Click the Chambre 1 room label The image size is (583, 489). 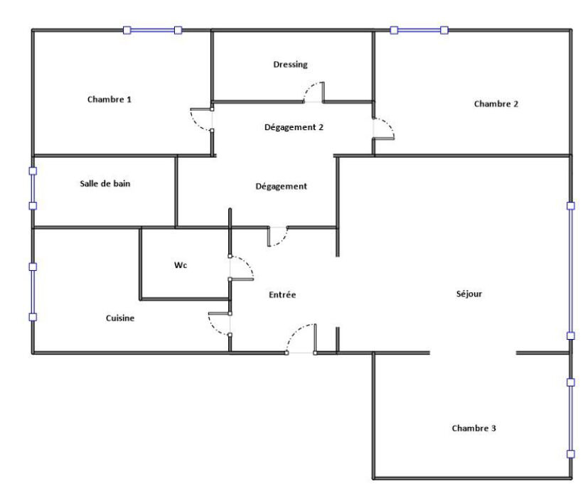coord(109,100)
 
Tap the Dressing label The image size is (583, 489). coord(290,65)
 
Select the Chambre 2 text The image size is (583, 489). coord(496,104)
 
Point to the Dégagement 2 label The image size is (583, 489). coord(294,127)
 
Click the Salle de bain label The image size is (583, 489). coord(105,183)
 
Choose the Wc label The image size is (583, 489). coord(181,265)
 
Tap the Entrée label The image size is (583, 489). coord(282,295)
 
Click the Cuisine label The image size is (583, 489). coord(120,318)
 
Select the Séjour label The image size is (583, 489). coord(469,294)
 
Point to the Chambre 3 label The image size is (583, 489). coord(474,428)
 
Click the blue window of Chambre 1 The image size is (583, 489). coord(152,30)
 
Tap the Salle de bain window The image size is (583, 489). coord(33,188)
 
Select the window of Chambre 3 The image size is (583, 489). coord(571,418)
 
